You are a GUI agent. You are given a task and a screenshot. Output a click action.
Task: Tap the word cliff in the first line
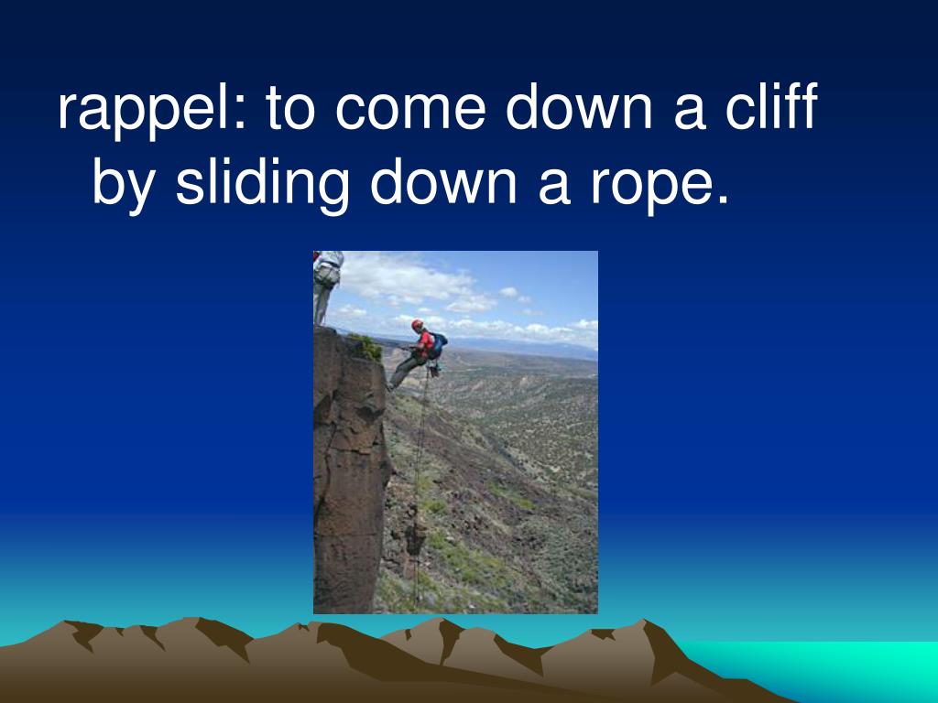(x=771, y=107)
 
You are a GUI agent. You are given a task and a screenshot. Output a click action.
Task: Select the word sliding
(x=262, y=183)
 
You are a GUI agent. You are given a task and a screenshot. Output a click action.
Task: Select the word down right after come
(x=579, y=107)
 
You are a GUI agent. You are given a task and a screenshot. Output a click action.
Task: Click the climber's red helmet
(x=417, y=324)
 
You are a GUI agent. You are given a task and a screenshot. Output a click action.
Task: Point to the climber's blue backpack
(x=438, y=344)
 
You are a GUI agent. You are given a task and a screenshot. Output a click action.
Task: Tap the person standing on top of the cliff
(x=327, y=287)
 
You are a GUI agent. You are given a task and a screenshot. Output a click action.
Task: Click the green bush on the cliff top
(x=366, y=346)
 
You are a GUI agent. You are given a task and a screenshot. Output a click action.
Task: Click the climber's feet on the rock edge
(x=390, y=386)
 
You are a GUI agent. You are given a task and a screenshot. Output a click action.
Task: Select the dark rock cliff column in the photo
(x=351, y=472)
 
